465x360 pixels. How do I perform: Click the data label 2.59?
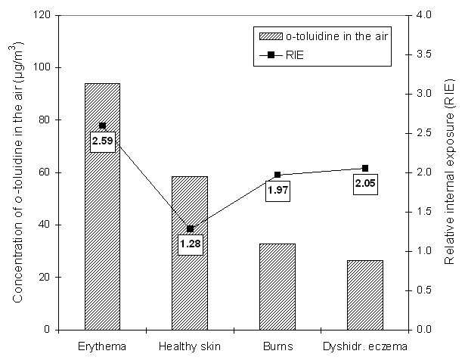(x=103, y=141)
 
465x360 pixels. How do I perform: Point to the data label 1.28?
(x=190, y=244)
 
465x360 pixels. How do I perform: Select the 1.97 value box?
(x=279, y=191)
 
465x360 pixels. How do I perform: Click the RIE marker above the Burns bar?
(x=277, y=175)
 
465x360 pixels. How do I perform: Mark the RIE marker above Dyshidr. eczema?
(x=365, y=168)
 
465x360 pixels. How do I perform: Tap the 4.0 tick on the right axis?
(x=420, y=15)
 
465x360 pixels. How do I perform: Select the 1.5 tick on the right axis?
(x=420, y=212)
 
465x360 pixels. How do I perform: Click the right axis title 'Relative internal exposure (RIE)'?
(x=450, y=172)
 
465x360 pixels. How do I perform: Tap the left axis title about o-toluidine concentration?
(x=17, y=172)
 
